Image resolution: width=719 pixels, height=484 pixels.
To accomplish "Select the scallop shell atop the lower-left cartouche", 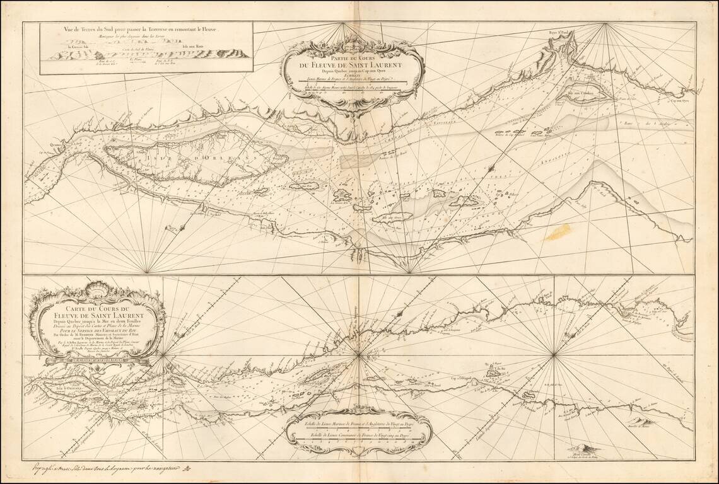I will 99,291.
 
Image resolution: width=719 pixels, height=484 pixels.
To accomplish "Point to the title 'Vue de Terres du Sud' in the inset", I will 145,29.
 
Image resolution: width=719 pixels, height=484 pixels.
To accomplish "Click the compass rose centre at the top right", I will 606,24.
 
